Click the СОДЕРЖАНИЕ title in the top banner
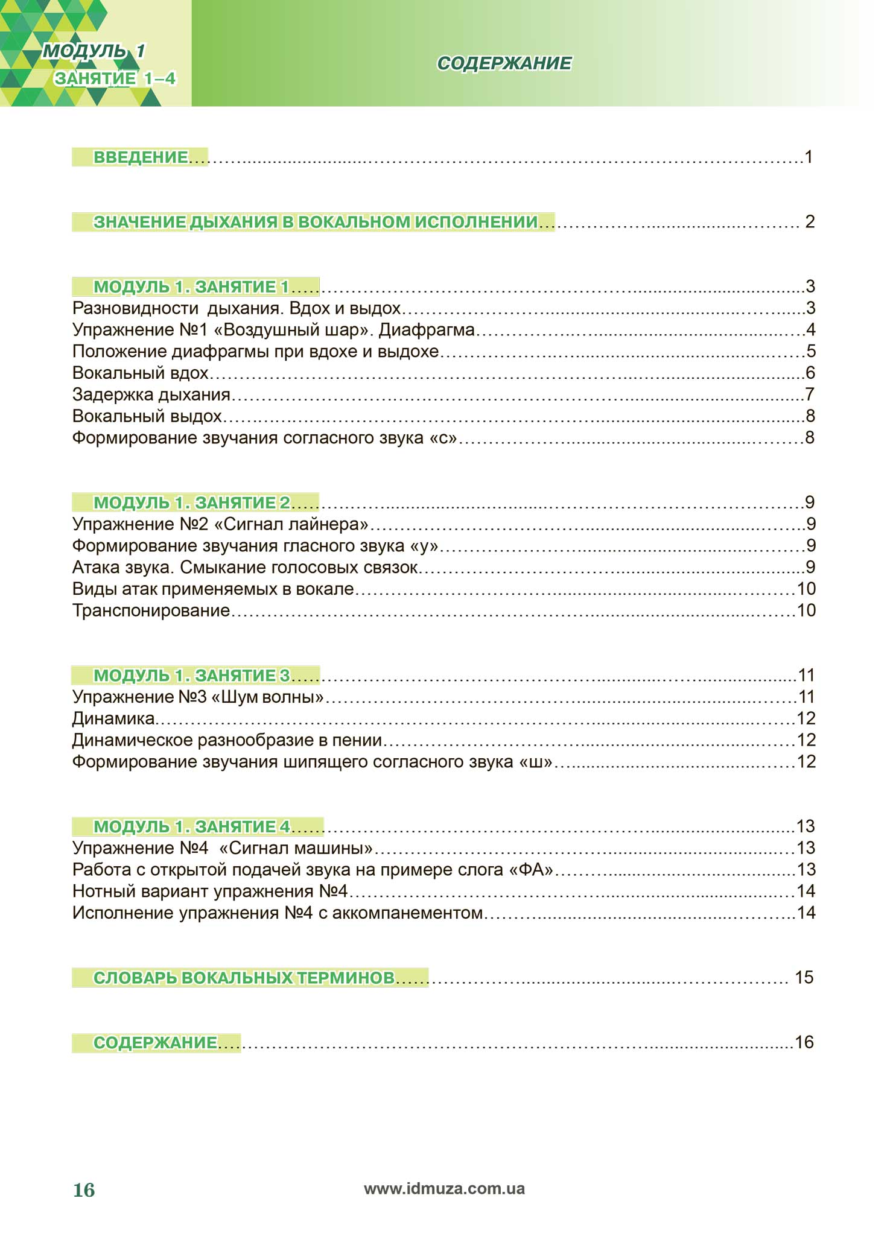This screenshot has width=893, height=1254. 504,63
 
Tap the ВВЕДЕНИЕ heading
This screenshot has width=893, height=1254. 140,157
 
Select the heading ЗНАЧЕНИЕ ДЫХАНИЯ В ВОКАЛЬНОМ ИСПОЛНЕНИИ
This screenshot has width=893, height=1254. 315,222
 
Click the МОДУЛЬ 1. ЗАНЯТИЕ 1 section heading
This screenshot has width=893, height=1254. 191,287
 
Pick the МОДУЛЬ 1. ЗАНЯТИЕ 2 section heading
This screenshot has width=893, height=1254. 191,502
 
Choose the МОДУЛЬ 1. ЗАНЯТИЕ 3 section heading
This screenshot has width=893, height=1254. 191,675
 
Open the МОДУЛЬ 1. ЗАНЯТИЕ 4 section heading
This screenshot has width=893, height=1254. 191,826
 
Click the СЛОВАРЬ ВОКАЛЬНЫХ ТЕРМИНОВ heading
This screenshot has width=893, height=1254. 244,978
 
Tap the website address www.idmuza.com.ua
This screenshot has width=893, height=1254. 444,1189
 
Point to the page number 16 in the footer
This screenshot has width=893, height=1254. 84,1190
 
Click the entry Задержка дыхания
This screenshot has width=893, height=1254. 151,394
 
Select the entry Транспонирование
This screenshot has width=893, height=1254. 151,610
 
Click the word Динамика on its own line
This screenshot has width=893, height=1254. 113,718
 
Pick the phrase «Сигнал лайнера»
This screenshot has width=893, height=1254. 291,524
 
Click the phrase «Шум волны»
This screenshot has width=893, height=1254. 267,697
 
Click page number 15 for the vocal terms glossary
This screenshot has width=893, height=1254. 804,978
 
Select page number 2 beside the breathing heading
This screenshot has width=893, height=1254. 810,222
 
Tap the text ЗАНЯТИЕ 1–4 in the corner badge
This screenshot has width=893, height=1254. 115,78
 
